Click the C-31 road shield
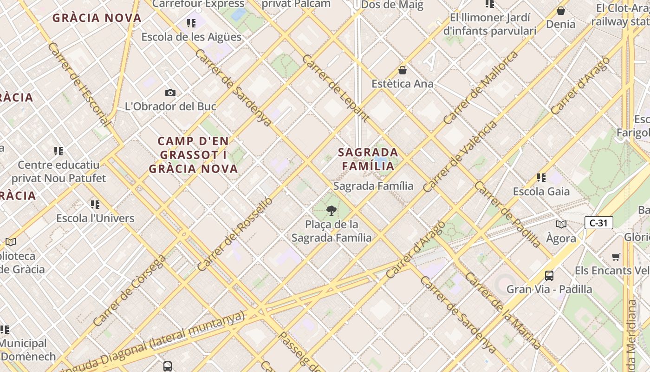598,223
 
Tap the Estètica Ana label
403,84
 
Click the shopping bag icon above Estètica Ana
403,70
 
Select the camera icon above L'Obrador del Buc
170,93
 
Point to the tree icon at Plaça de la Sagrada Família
331,211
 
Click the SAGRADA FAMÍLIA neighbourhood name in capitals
368,159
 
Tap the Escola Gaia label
541,191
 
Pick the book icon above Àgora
561,225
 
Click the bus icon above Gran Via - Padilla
549,275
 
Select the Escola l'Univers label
95,218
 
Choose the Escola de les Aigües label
191,37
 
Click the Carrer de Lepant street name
336,88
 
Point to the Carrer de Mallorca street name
480,87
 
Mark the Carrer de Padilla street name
507,214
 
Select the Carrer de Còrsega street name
129,291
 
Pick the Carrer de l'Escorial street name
79,84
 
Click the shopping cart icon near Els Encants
616,257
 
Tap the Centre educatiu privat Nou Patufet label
58,171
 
